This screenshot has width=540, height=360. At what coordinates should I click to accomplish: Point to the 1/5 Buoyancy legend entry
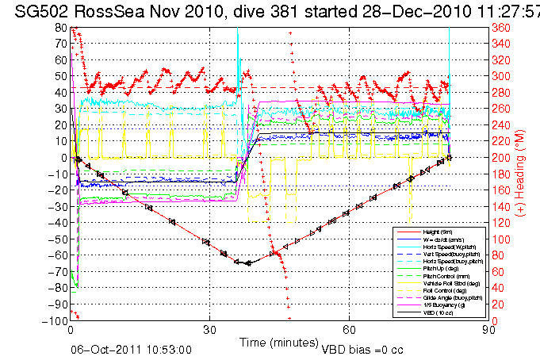(x=437, y=306)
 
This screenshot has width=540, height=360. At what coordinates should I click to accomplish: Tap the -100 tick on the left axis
(x=58, y=320)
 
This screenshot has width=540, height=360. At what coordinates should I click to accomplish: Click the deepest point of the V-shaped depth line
(x=248, y=262)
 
